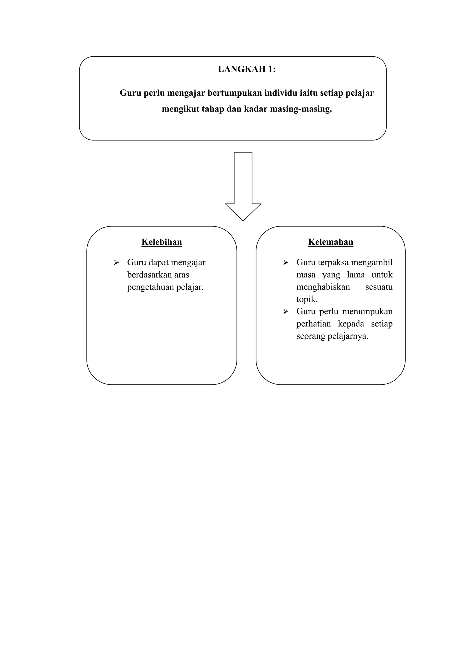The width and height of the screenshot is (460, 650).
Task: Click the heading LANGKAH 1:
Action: click(246, 69)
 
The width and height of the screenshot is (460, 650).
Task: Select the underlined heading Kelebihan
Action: click(162, 242)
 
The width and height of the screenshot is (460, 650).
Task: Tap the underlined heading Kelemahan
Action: click(331, 242)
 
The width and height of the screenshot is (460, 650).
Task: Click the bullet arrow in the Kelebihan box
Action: click(116, 263)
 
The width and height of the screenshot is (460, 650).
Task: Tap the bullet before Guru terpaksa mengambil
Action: click(285, 263)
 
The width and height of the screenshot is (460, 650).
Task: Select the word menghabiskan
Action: click(323, 287)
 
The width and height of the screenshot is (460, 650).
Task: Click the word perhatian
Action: click(314, 324)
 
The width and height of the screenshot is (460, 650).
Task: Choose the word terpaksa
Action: click(333, 263)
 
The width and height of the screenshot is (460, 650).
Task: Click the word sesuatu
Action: click(379, 287)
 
